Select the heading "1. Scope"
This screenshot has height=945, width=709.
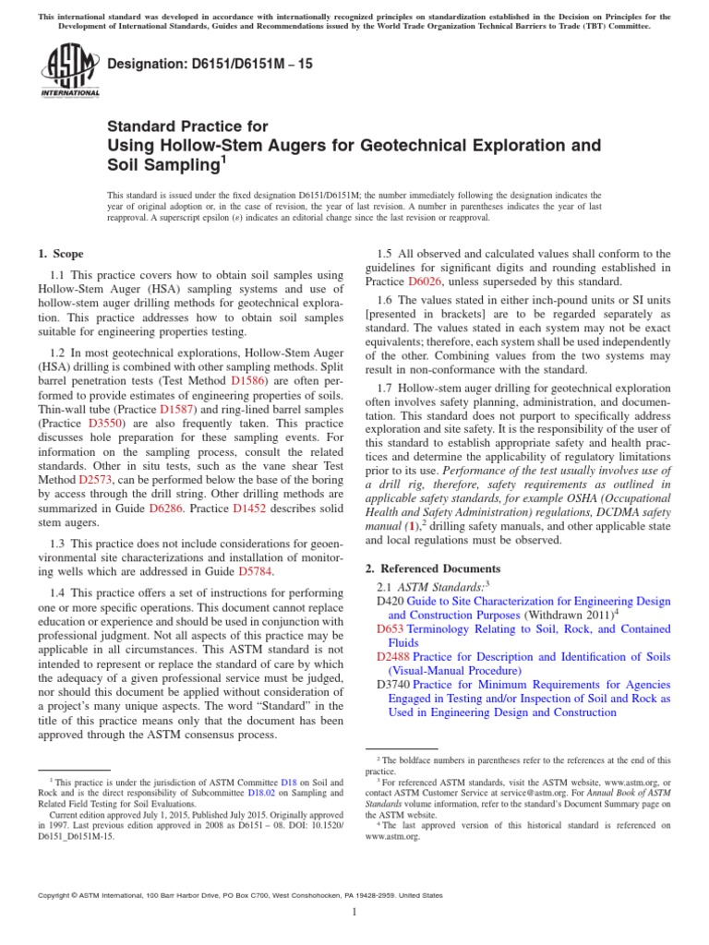pyautogui.click(x=60, y=254)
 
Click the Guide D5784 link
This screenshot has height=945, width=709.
pyautogui.click(x=256, y=571)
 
